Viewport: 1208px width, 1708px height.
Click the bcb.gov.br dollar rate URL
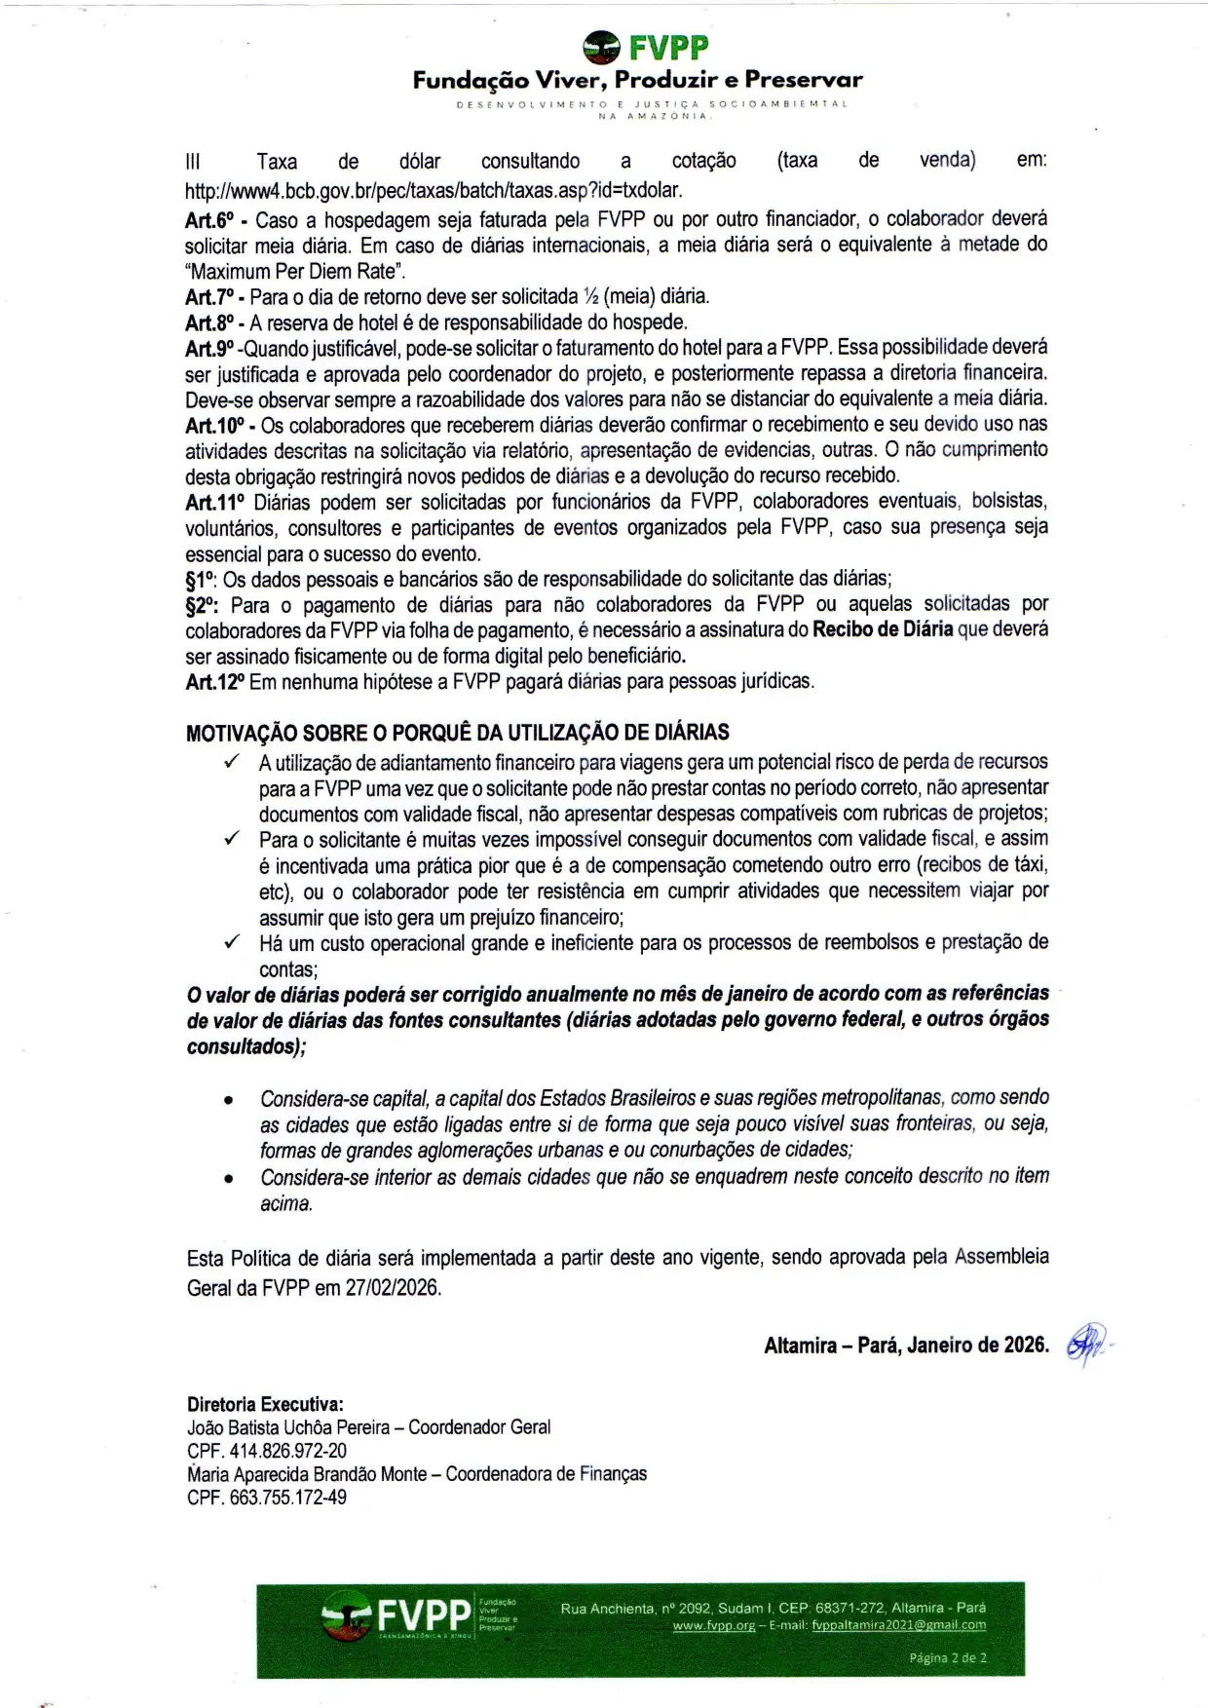point(434,189)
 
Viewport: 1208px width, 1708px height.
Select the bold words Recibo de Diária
point(883,629)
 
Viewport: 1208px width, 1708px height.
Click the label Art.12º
point(213,682)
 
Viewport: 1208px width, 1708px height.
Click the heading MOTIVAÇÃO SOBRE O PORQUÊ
point(457,733)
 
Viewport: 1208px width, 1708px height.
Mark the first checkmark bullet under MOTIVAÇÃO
point(231,762)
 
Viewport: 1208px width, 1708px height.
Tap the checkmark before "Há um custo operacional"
point(231,942)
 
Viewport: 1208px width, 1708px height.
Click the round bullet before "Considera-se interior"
point(228,1179)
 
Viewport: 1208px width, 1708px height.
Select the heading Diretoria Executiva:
point(265,1404)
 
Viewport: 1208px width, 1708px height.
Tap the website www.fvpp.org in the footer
point(713,1625)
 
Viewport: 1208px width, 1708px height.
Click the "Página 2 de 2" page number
point(948,1657)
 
